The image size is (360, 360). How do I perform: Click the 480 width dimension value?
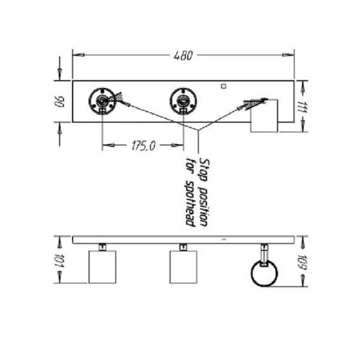[183, 56]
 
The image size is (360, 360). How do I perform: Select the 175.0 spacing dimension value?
[143, 145]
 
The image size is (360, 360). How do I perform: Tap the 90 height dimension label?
[59, 101]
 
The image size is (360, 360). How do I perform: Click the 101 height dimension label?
[59, 260]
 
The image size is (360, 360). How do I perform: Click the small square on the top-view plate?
[223, 86]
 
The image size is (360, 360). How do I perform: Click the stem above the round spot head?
[264, 252]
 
